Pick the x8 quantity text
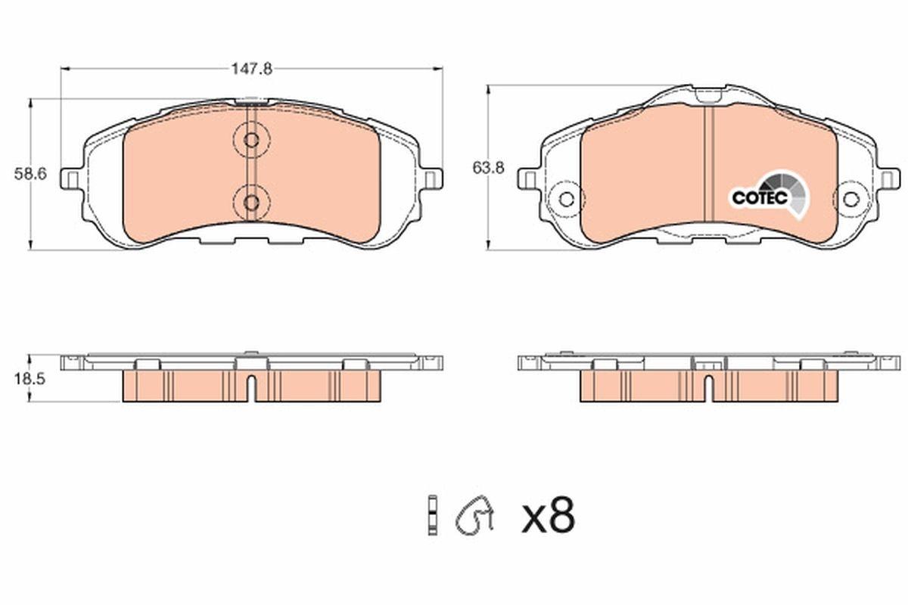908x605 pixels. (x=549, y=516)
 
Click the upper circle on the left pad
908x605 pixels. (x=251, y=140)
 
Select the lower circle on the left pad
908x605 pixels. (x=251, y=201)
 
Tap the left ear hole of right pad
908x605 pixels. (x=565, y=200)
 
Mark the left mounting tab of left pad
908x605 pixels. (x=72, y=179)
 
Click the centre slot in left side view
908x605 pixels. (x=251, y=387)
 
